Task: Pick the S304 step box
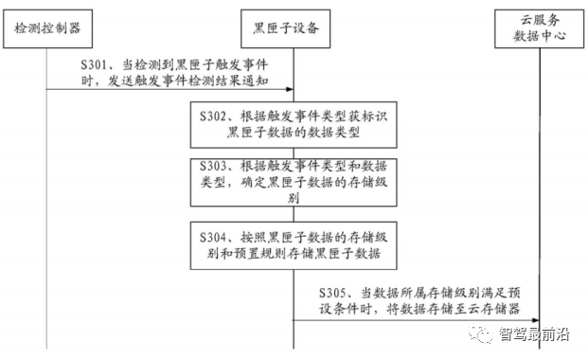tap(291, 244)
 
